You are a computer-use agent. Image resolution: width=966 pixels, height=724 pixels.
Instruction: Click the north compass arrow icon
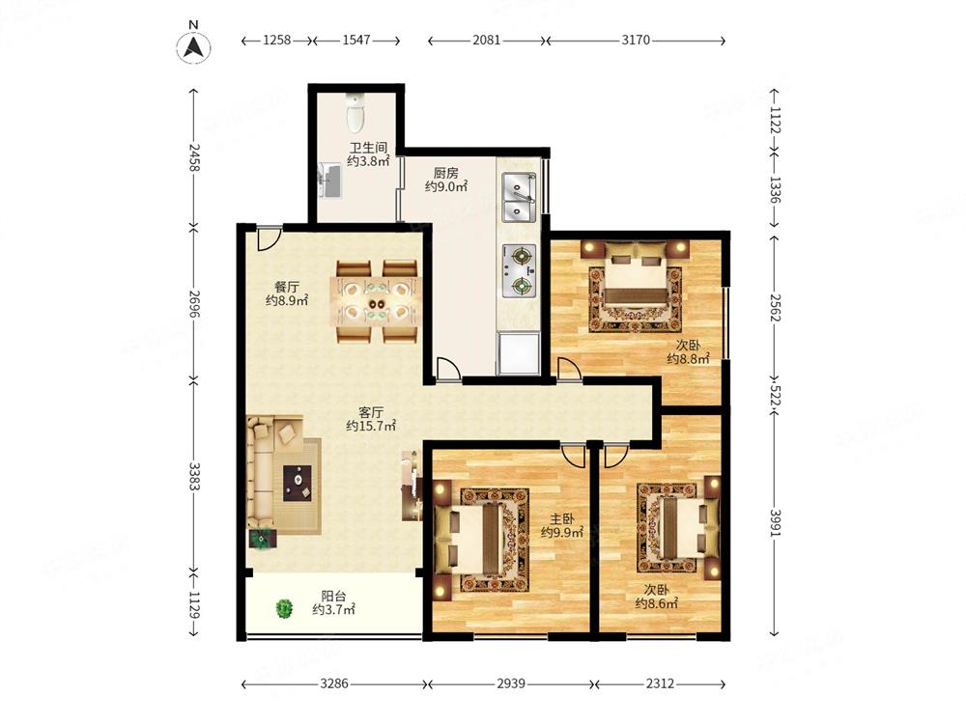pos(194,46)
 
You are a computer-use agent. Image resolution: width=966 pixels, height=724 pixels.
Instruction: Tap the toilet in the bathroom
pos(355,113)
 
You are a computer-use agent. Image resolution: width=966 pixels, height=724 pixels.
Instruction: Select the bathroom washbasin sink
pos(330,180)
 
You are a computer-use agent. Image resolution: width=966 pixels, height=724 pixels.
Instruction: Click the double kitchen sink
pos(519,198)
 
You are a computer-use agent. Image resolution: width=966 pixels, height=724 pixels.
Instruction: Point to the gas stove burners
pos(519,271)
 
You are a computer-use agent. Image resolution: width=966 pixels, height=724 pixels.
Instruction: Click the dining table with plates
pos(377,301)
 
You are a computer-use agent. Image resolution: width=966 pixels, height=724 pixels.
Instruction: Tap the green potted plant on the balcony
pos(284,609)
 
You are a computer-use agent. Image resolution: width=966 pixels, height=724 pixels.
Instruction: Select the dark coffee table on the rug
pos(298,483)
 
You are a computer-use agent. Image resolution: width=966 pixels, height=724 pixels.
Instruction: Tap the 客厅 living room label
pos(371,412)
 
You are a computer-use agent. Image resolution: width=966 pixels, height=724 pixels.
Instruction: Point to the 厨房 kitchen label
pos(445,173)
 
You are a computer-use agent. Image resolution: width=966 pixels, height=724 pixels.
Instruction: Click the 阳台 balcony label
pos(333,596)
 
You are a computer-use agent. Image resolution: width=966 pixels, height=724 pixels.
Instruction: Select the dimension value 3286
pos(333,683)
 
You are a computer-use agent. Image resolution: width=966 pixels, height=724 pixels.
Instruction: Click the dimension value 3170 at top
pos(636,40)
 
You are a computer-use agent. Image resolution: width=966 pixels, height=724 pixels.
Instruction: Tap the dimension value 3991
pos(776,523)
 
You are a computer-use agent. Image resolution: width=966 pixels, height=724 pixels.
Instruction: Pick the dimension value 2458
pos(194,157)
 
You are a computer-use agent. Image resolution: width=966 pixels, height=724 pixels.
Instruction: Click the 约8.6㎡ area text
pos(657,604)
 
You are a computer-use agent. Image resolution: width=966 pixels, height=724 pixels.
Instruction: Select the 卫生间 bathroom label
pos(368,148)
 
